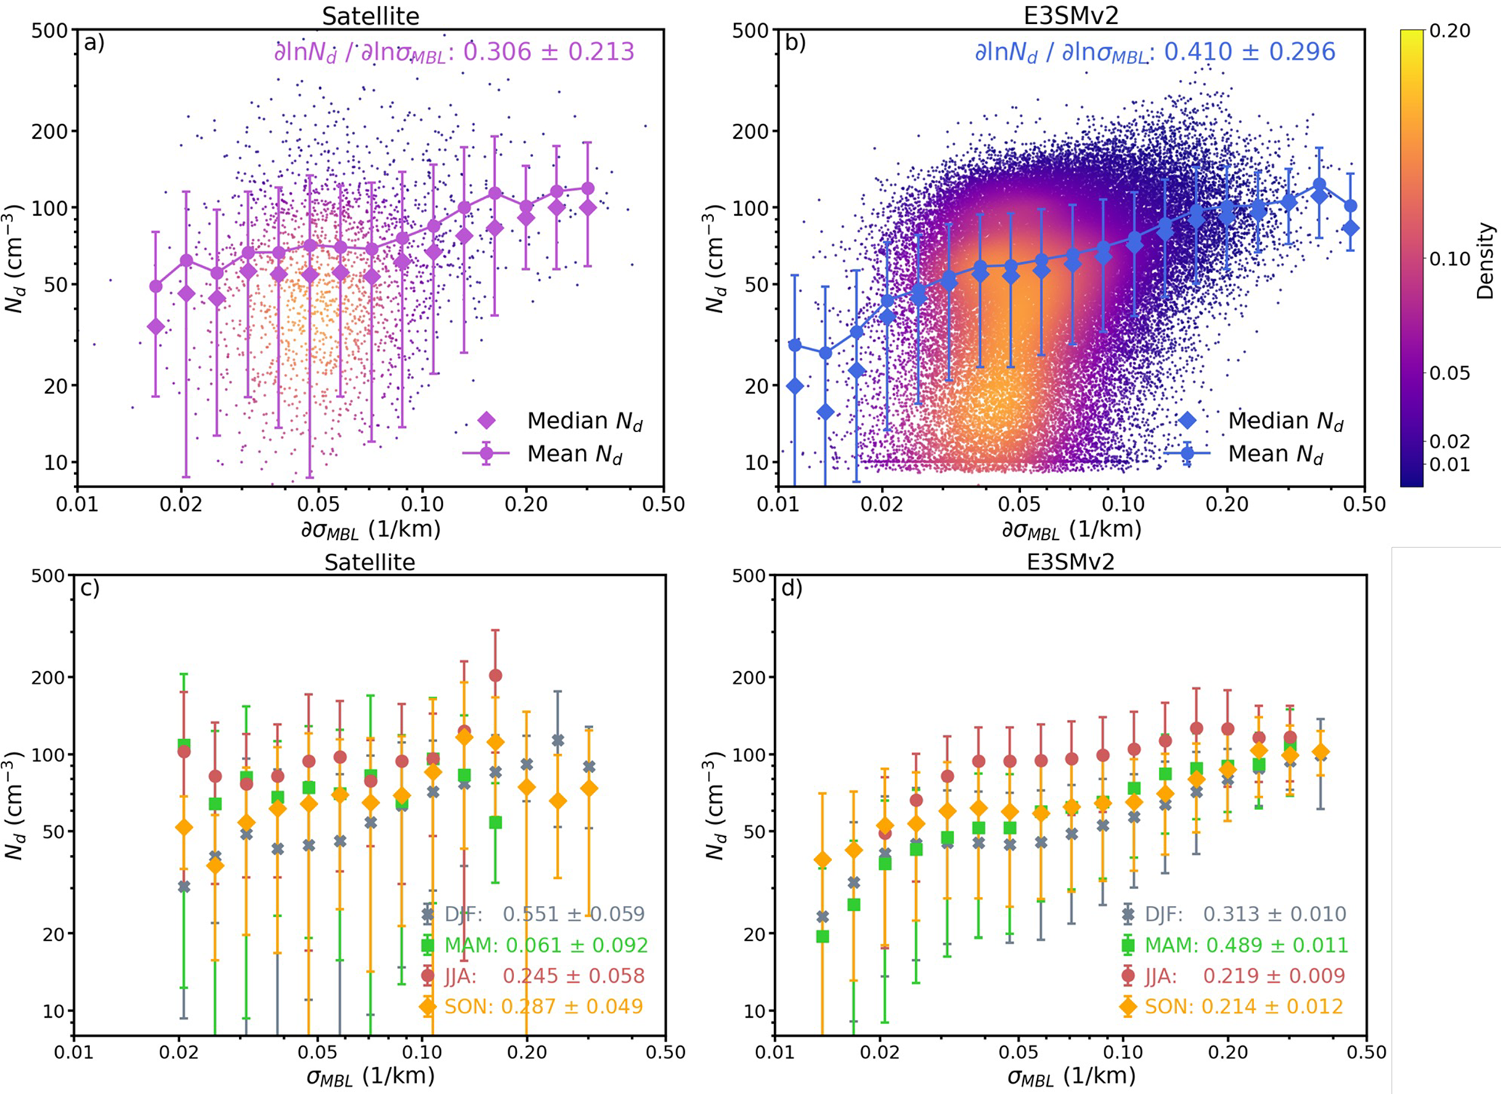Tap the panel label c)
pyautogui.click(x=90, y=588)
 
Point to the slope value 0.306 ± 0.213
pyautogui.click(x=548, y=52)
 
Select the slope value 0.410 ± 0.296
pyautogui.click(x=1250, y=52)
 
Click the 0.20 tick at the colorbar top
pyautogui.click(x=1449, y=31)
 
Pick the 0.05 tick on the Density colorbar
pyautogui.click(x=1449, y=373)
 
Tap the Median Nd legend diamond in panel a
pyautogui.click(x=487, y=421)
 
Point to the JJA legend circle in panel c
pyautogui.click(x=428, y=976)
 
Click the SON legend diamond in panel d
pyautogui.click(x=1128, y=1007)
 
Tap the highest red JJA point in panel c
pyautogui.click(x=495, y=676)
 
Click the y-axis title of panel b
pyautogui.click(x=716, y=258)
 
